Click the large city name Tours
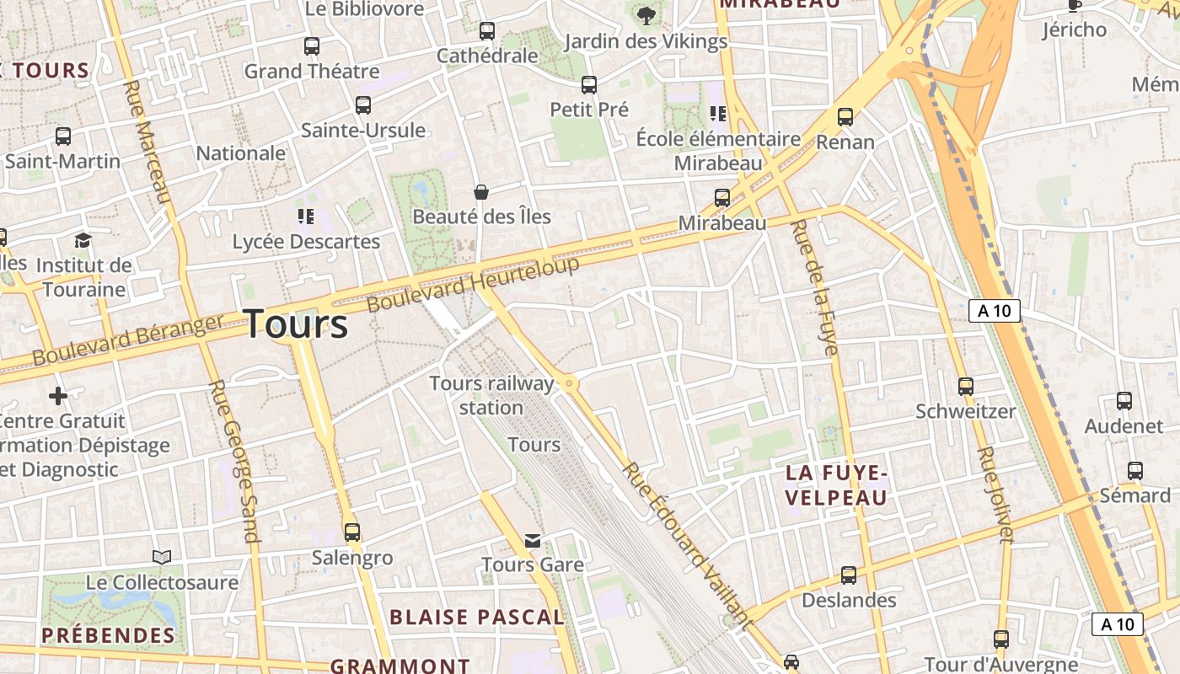296,324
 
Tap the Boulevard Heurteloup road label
474,285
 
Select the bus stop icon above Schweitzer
966,387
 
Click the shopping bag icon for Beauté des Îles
481,192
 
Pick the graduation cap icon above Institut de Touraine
83,240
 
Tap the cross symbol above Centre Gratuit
58,395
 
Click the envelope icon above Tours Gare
533,540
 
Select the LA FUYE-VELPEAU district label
836,485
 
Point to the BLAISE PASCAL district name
477,617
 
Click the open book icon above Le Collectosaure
162,557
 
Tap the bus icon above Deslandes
849,575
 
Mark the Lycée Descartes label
307,242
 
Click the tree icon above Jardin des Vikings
646,15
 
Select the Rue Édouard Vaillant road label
686,546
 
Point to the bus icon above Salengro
352,532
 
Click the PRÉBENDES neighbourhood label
109,635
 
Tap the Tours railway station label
492,395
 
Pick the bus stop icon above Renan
845,117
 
